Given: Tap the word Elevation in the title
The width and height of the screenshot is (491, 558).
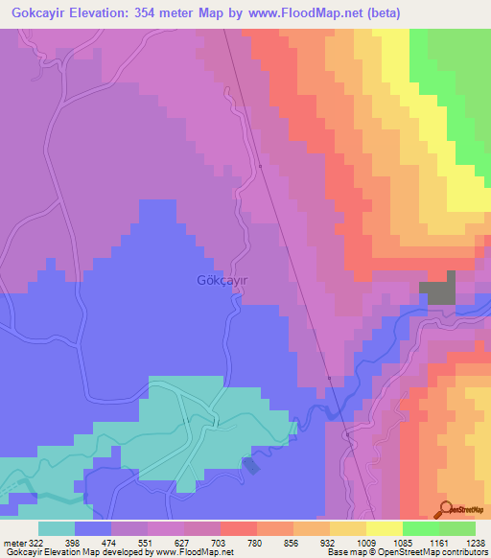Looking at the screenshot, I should tap(112, 12).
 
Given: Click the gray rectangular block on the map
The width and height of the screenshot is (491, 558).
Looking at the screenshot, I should tap(437, 290).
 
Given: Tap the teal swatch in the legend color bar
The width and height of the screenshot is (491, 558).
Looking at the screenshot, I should tap(57, 528).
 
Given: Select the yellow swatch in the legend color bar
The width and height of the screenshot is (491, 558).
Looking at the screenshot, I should tap(385, 528).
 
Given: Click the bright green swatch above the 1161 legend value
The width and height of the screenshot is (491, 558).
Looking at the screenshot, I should tap(421, 528).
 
